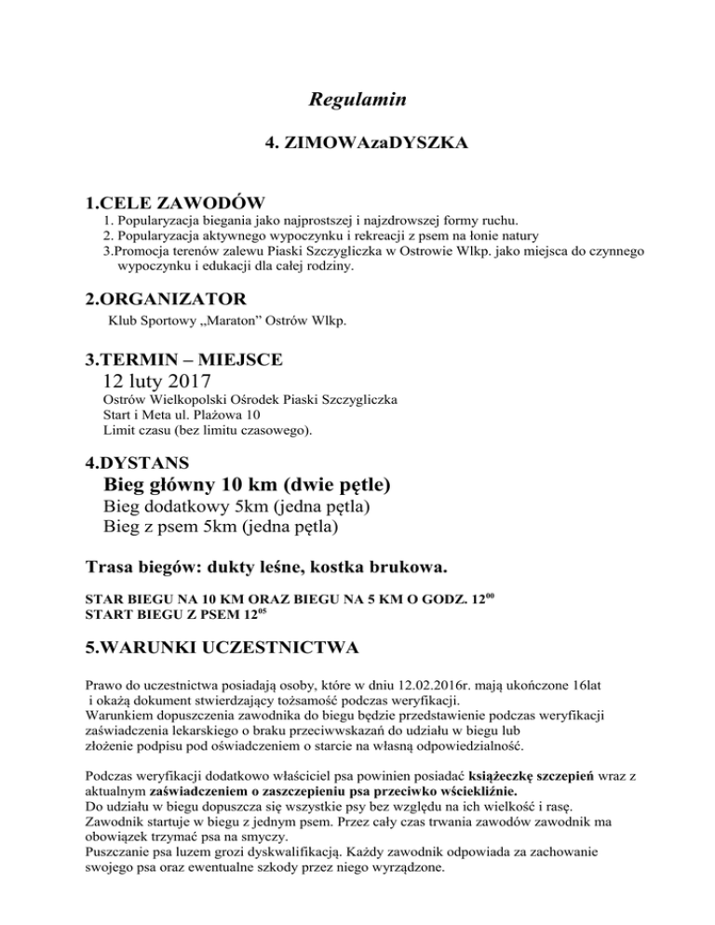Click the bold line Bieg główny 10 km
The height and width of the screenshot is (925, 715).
coord(247,485)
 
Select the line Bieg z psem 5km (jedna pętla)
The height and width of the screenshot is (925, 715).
coord(221,528)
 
